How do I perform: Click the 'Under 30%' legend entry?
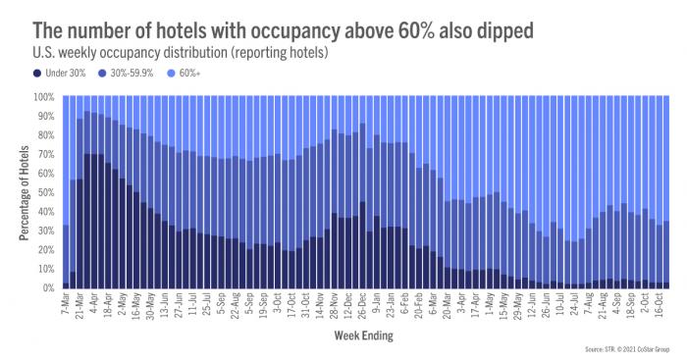44,73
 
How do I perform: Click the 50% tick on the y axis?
45,192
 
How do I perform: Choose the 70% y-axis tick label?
45,154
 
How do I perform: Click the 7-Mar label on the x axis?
66,305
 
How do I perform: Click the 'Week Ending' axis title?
364,335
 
